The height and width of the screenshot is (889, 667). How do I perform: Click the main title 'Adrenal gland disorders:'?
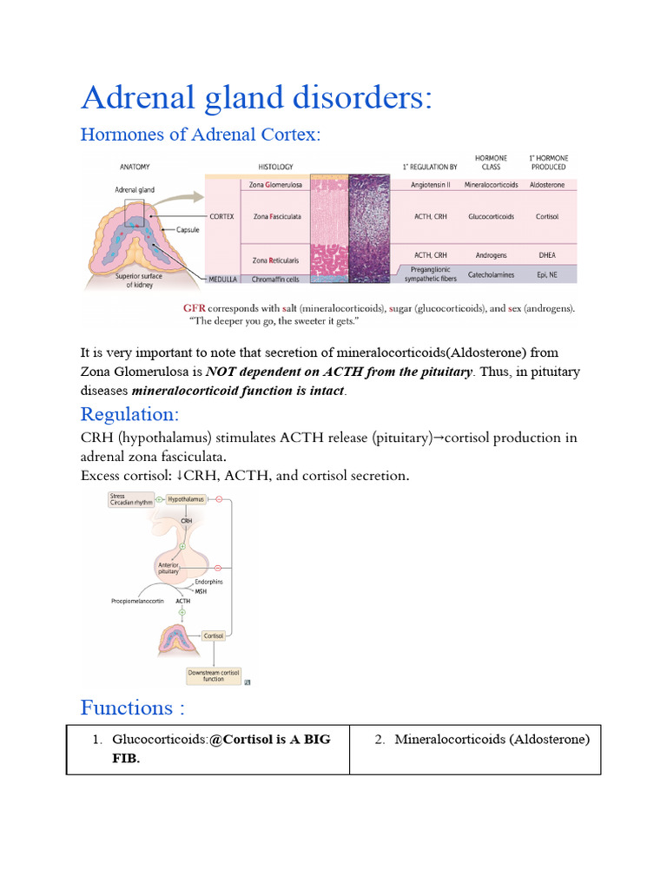256,98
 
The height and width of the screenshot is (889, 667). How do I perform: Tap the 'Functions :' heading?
133,708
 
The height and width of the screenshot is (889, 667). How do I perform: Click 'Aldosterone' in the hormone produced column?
547,185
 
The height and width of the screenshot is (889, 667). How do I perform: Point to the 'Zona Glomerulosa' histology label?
275,185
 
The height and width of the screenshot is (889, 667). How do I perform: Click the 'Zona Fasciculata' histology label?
276,216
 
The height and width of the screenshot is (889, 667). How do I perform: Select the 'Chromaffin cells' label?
275,278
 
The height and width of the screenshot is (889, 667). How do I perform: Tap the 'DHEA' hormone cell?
547,255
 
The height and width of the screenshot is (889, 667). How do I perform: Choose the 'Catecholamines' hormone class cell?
492,274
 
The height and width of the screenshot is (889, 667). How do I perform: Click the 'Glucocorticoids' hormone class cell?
492,216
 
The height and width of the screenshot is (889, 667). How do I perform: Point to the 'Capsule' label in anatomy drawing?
188,230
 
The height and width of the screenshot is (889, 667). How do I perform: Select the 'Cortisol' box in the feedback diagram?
214,636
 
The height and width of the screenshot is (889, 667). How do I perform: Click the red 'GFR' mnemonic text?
195,308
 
